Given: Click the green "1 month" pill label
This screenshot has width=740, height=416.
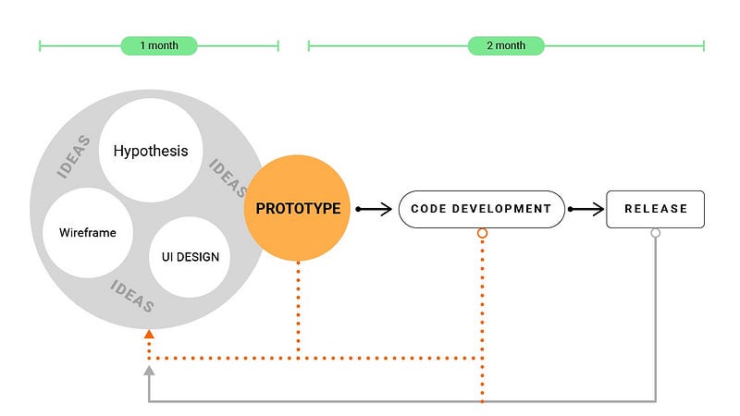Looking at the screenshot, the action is click(x=159, y=45).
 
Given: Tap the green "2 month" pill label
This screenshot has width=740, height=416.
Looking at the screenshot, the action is click(x=506, y=45).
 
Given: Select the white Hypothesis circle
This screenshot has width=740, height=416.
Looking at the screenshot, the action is click(x=151, y=151).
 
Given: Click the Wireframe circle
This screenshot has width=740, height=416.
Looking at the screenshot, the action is click(x=88, y=233).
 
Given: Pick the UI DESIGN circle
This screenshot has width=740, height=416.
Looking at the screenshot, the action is click(x=190, y=257).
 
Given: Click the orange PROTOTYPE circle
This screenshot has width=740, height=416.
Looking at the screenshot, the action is click(x=297, y=208).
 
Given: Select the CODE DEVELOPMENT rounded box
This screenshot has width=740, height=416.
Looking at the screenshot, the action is click(x=481, y=209).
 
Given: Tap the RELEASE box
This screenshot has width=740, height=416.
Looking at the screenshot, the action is click(x=655, y=209).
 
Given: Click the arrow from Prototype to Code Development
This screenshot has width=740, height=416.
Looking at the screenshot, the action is click(x=374, y=209).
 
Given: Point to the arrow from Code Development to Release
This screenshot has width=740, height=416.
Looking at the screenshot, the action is click(x=586, y=209).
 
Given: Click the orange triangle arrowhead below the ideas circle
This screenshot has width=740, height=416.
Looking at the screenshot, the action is click(x=149, y=334).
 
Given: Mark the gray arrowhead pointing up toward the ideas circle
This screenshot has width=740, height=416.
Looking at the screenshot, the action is click(x=149, y=371).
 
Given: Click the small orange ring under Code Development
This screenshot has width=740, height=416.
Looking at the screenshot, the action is click(x=482, y=233).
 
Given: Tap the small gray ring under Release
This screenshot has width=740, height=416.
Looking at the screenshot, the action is click(x=656, y=233).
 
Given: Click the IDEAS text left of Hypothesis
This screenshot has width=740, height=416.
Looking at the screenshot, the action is click(x=73, y=156).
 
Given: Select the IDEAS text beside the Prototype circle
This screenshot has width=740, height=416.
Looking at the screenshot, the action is click(x=228, y=177).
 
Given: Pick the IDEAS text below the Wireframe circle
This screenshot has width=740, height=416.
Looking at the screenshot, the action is click(x=132, y=296).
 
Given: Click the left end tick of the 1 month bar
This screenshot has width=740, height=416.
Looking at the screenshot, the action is click(x=40, y=45).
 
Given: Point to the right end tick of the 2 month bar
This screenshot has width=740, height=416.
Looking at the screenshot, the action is click(x=704, y=45).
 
